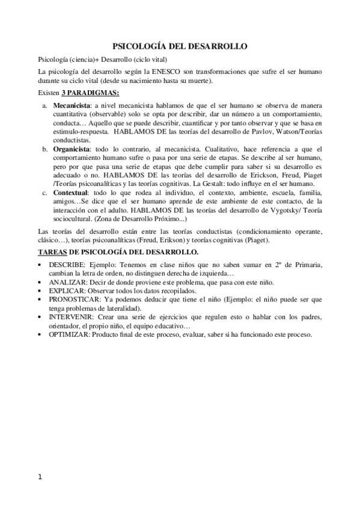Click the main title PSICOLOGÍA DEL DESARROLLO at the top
[180, 46]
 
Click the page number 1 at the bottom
[40, 478]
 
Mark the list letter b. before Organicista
[44, 149]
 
